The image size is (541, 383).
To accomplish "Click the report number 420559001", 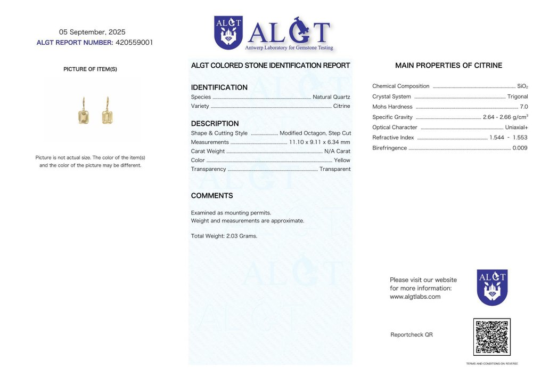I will (x=134, y=43).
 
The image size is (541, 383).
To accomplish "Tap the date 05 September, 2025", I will (x=92, y=32).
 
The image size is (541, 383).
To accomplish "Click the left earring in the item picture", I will (x=84, y=113).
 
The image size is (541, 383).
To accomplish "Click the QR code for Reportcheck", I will (x=491, y=337).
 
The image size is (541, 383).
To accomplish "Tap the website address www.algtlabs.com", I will (x=415, y=297).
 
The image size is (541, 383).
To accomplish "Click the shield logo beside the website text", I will (x=492, y=287).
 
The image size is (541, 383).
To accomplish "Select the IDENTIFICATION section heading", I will (x=219, y=87).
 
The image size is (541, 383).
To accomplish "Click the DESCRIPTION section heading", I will (x=215, y=124).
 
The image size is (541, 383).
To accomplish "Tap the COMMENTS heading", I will (x=212, y=196).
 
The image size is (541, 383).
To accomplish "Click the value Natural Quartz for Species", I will (x=331, y=97).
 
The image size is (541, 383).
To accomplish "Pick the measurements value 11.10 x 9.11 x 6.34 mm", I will (x=319, y=142).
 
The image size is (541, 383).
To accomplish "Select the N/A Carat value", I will (x=337, y=151).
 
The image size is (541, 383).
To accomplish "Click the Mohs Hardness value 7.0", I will (x=523, y=107).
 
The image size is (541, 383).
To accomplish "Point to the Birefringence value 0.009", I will (x=520, y=148).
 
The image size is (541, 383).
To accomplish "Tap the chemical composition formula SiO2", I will (x=522, y=86).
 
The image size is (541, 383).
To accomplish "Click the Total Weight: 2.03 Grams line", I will (x=224, y=236).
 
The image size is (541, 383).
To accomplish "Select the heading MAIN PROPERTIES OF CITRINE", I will (x=448, y=66).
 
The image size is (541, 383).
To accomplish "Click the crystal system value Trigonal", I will (x=518, y=97).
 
